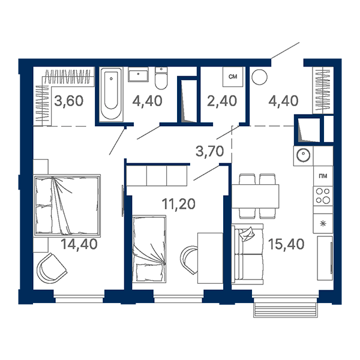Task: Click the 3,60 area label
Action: (68, 101)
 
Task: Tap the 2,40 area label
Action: (222, 101)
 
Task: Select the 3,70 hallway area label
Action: (209, 152)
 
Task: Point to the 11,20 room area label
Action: (179, 204)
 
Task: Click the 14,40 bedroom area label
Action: (79, 244)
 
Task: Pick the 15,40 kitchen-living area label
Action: (286, 244)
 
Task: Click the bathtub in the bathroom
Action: (111, 94)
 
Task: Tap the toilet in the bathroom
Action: (161, 78)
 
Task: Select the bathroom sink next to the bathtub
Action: (138, 74)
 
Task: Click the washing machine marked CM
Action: (233, 77)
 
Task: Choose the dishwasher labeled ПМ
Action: (323, 176)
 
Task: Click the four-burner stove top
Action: (323, 196)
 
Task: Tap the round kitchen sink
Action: (303, 155)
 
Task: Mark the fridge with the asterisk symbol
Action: (323, 223)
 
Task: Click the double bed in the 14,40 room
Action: (67, 205)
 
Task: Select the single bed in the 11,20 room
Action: (149, 248)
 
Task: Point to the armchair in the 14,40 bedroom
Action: (52, 268)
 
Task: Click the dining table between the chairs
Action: (256, 196)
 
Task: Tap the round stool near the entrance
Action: (259, 77)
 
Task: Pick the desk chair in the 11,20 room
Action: (189, 260)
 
